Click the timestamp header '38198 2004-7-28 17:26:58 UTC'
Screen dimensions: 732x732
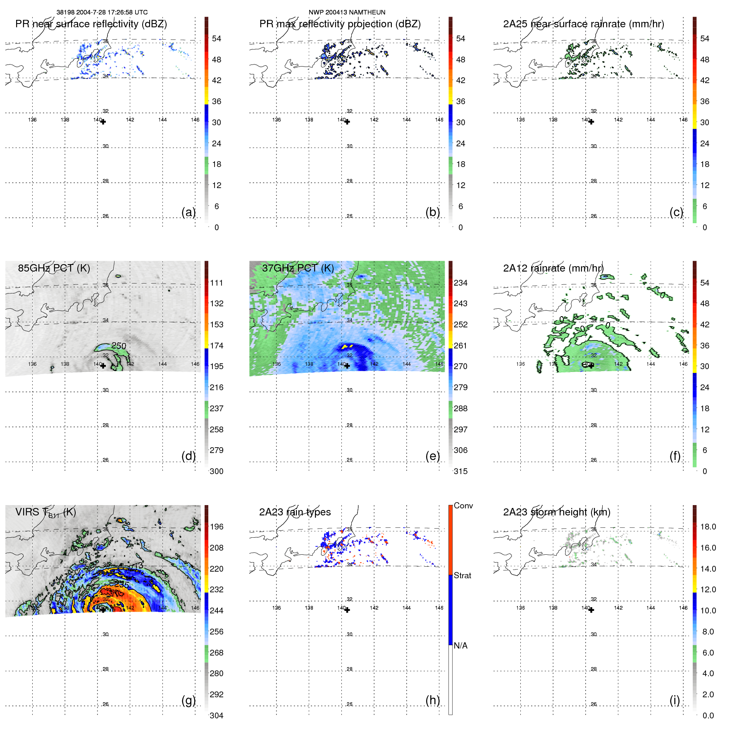[102, 12]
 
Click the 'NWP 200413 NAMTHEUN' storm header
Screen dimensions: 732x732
[347, 12]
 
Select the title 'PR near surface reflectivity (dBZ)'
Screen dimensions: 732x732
[91, 24]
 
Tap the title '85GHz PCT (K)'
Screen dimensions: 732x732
[54, 268]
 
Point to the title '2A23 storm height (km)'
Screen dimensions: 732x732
[556, 512]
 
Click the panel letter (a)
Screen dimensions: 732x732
[188, 212]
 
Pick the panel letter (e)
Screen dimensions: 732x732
[432, 456]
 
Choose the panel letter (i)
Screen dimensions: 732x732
[675, 700]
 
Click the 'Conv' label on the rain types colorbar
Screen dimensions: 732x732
[463, 505]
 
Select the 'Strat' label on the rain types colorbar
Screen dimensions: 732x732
[462, 575]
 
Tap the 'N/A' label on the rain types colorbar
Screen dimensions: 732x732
[460, 646]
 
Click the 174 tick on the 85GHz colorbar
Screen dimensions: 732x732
[217, 346]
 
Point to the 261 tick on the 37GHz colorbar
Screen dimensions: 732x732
[460, 346]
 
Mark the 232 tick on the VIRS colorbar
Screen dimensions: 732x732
[217, 589]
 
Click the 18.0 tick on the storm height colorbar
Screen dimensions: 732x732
[708, 527]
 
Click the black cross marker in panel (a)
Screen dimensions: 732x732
[103, 122]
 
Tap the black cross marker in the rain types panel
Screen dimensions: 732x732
[347, 610]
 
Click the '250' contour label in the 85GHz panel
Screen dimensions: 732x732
[119, 346]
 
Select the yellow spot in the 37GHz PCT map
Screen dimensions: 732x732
[347, 346]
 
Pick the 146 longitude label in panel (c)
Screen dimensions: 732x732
[683, 120]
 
